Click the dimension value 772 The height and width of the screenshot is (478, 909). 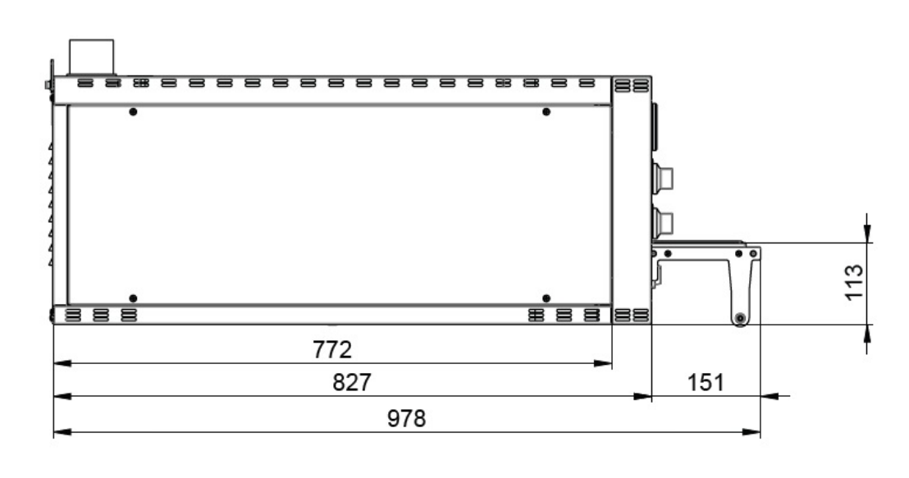[332, 349]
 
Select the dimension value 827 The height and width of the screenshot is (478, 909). [352, 382]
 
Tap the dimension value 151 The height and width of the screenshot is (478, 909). [706, 382]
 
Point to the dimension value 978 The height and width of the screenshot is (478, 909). [406, 418]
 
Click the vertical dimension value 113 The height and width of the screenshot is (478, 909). [855, 283]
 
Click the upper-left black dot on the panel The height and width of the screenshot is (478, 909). [134, 112]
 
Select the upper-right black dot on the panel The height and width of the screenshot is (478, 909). [546, 112]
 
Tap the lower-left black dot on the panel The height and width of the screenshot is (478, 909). [134, 298]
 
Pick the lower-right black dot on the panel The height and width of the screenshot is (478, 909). [546, 298]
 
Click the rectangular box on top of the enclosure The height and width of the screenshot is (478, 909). [92, 57]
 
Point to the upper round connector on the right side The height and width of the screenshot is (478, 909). [663, 178]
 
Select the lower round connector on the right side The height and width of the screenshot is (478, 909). [663, 222]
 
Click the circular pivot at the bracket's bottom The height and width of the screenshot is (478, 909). [740, 319]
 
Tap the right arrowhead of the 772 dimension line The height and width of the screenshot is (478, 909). [604, 363]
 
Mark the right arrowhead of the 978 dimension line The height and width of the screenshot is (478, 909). [752, 432]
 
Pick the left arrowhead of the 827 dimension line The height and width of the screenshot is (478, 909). [62, 396]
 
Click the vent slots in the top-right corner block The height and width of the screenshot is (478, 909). [632, 85]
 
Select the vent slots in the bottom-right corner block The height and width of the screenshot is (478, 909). [632, 315]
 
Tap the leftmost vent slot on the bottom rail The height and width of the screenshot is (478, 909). [73, 315]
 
